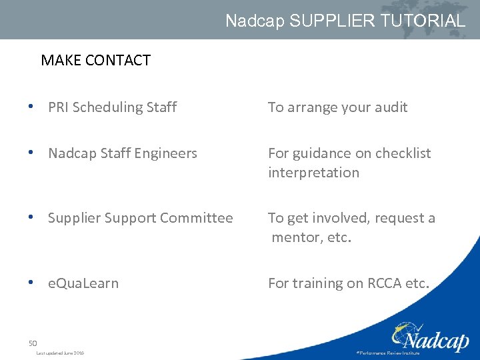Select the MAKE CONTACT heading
pos(95,60)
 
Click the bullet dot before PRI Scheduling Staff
pos(32,106)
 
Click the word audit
pos(389,107)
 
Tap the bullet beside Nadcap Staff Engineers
pos(32,152)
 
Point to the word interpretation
pos(313,173)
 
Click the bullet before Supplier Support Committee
pos(32,217)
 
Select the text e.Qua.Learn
pos(83,283)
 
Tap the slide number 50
pos(33,343)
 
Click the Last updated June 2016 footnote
pos(60,353)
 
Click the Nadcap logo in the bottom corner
pos(429,337)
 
